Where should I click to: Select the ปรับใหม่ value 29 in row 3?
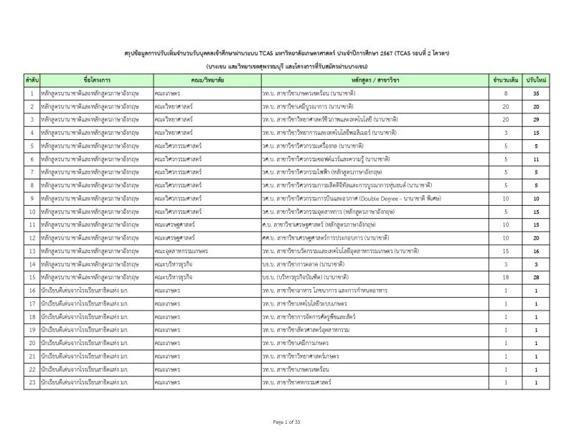click(536, 120)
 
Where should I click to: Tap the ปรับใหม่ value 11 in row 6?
click(536, 159)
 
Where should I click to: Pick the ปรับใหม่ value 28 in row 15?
click(536, 276)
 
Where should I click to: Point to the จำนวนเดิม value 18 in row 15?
click(505, 276)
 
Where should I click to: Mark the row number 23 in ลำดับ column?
click(32, 381)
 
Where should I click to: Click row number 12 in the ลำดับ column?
click(32, 237)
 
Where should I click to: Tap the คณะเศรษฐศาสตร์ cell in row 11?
click(175, 224)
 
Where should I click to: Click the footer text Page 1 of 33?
click(287, 420)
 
